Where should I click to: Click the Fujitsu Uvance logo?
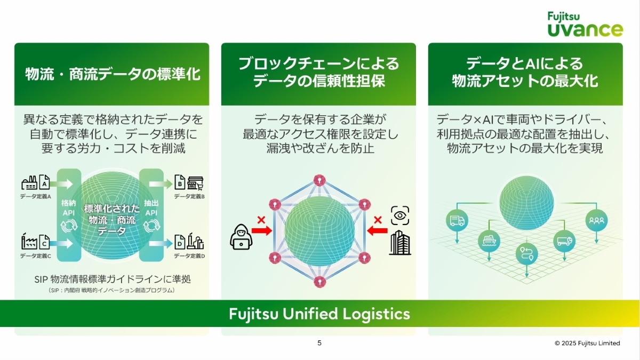(x=585, y=24)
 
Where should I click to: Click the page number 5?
(x=319, y=343)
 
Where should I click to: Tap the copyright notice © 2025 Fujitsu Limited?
(x=587, y=343)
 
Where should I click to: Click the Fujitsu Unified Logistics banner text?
(x=319, y=314)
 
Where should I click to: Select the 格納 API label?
(x=69, y=207)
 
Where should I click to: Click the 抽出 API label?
(x=151, y=207)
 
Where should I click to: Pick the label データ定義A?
(x=35, y=196)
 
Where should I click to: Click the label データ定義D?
(x=189, y=256)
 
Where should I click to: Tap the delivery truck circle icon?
(x=457, y=220)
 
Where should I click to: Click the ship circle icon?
(x=489, y=241)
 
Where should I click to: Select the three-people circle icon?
(x=596, y=220)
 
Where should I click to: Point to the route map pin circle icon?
(x=527, y=254)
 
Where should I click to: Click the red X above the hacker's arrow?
(x=261, y=219)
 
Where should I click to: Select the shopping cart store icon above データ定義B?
(x=196, y=183)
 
